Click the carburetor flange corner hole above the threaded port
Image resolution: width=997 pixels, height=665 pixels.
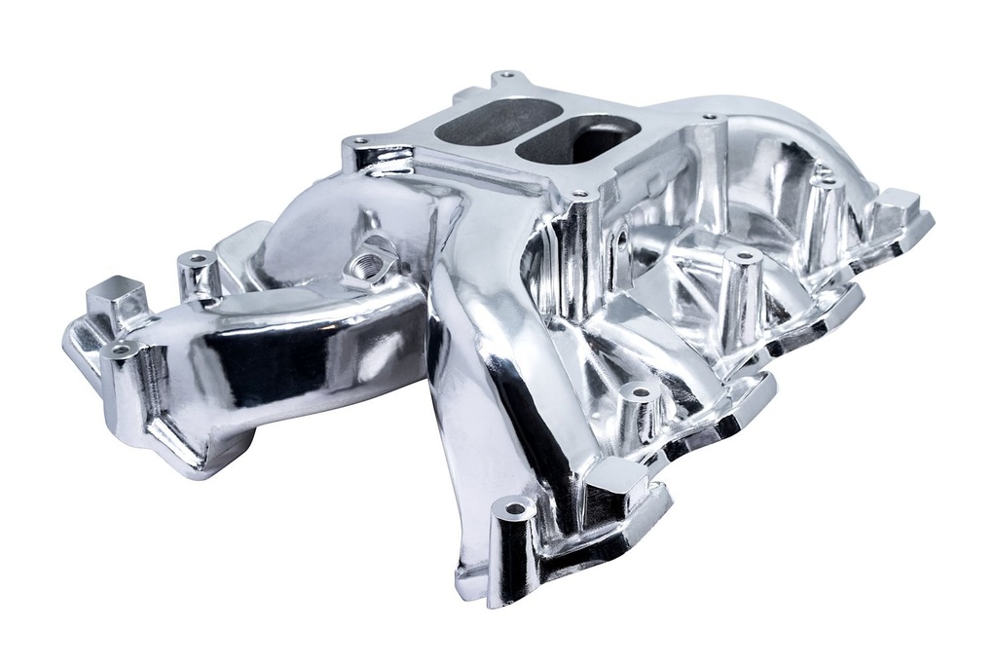(360, 141)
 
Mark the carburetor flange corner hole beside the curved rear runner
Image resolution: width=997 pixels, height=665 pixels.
(710, 117)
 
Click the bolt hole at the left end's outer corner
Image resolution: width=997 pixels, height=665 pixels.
(120, 350)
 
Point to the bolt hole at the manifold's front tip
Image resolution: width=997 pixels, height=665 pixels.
(514, 508)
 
